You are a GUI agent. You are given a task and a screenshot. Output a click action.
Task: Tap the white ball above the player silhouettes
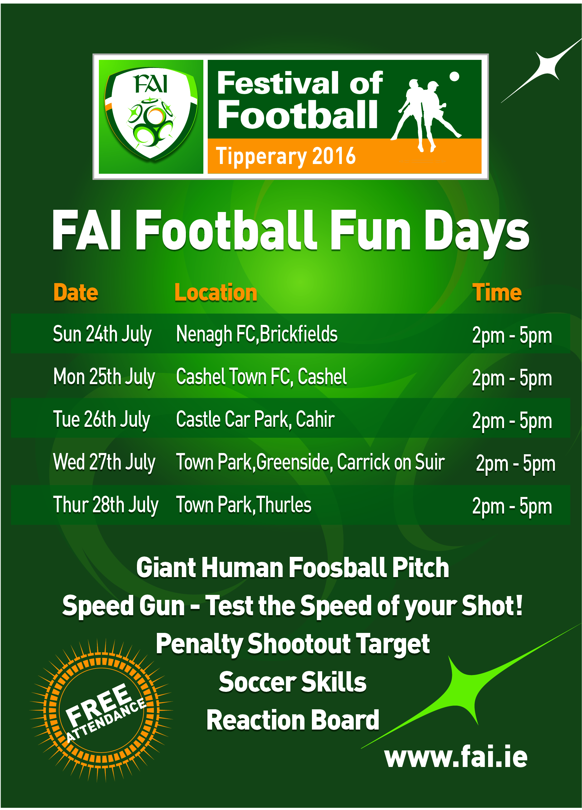(x=454, y=76)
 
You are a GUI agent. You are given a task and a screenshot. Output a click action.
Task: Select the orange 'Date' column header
(x=76, y=292)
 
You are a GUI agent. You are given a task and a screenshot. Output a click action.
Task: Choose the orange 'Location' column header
(x=216, y=292)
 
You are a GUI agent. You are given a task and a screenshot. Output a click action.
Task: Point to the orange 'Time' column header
(x=497, y=292)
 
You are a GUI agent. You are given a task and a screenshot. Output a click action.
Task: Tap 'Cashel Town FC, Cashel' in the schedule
(x=261, y=377)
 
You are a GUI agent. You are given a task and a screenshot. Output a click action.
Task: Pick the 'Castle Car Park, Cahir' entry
(x=255, y=419)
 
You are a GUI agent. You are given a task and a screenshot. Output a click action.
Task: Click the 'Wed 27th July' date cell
(x=104, y=462)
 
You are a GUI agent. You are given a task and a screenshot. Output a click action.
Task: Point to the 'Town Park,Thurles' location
(x=244, y=505)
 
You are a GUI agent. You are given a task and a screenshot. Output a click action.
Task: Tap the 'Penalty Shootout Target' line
(x=293, y=644)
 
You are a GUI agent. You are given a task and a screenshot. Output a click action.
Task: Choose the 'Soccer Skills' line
(x=293, y=682)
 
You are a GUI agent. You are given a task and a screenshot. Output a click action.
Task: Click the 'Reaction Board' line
(x=293, y=720)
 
